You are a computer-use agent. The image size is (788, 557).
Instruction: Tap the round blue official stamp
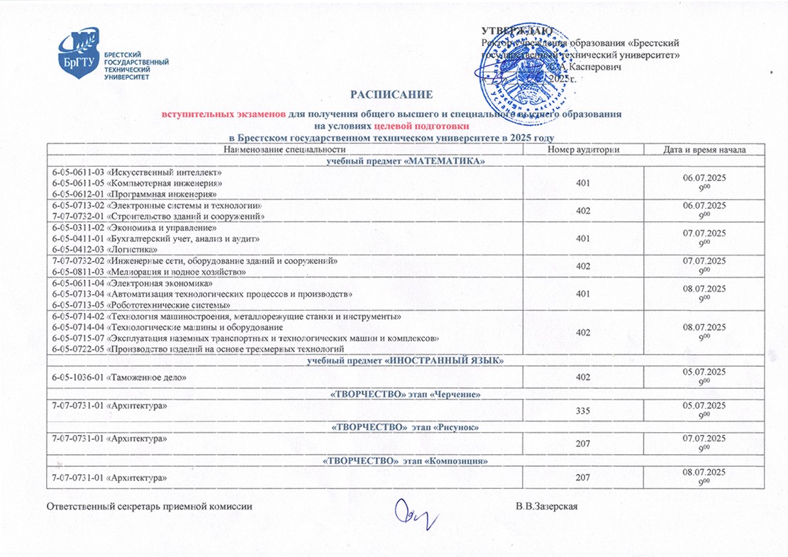(522, 68)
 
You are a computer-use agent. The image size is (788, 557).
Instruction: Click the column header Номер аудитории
(583, 150)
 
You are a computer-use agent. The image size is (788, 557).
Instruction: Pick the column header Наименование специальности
(284, 150)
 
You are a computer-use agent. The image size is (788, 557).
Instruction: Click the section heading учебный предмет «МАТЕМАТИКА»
(405, 162)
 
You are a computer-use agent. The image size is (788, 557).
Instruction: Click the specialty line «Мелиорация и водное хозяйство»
(149, 272)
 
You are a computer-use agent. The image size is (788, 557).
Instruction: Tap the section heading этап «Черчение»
(405, 394)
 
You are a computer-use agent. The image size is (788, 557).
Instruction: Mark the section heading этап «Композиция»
(405, 461)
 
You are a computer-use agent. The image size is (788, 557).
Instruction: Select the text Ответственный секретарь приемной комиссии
(149, 507)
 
